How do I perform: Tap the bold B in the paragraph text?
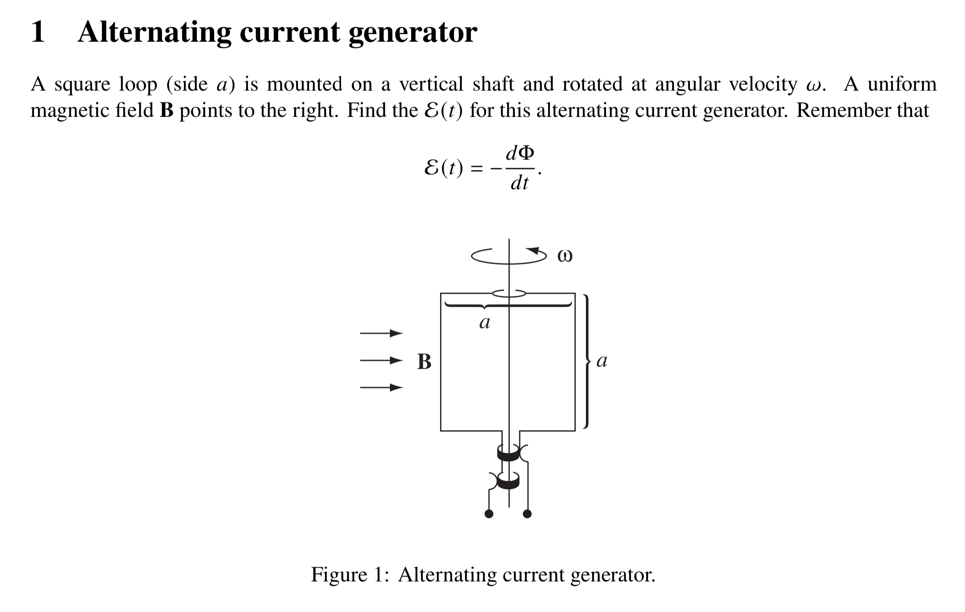click(166, 110)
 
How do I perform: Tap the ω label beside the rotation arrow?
click(565, 256)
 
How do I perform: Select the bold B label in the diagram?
click(424, 362)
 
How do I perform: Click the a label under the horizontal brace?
click(485, 323)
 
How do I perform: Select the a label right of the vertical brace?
click(602, 361)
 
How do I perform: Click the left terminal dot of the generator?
click(489, 514)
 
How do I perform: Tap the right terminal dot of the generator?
click(527, 514)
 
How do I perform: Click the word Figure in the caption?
click(338, 575)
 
